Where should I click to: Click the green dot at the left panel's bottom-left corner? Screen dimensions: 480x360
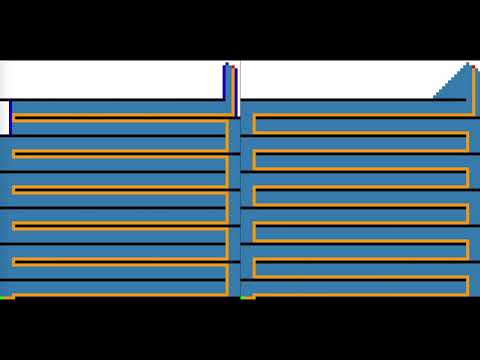[x=4, y=297]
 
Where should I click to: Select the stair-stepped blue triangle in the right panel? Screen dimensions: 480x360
[x=456, y=86]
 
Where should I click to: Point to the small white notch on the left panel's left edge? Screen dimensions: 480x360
[x=4, y=116]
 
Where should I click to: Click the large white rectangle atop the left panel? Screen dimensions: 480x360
[x=110, y=80]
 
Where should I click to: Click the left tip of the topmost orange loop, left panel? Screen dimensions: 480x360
[x=14, y=118]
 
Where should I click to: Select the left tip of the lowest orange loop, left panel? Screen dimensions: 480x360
[x=14, y=262]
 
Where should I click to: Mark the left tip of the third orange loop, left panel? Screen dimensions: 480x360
[x=14, y=190]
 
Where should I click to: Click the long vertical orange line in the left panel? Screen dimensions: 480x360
[x=229, y=200]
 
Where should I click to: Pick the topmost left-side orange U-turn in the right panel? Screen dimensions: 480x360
[x=254, y=124]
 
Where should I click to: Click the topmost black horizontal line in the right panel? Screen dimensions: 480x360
[x=340, y=99]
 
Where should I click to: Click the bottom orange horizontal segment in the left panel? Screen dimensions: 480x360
[x=120, y=296]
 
